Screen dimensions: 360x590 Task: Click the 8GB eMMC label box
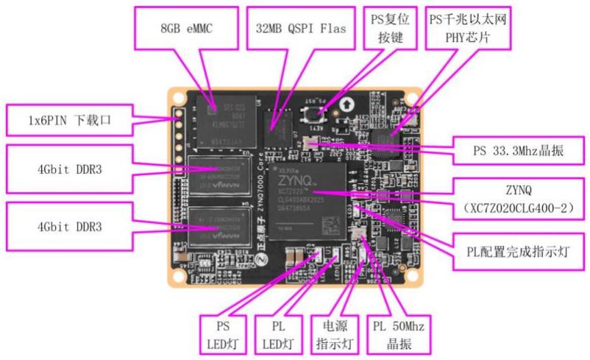coord(177,28)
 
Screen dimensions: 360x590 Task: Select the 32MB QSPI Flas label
coord(299,28)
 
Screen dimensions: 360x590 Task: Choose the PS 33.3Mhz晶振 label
coord(519,152)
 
